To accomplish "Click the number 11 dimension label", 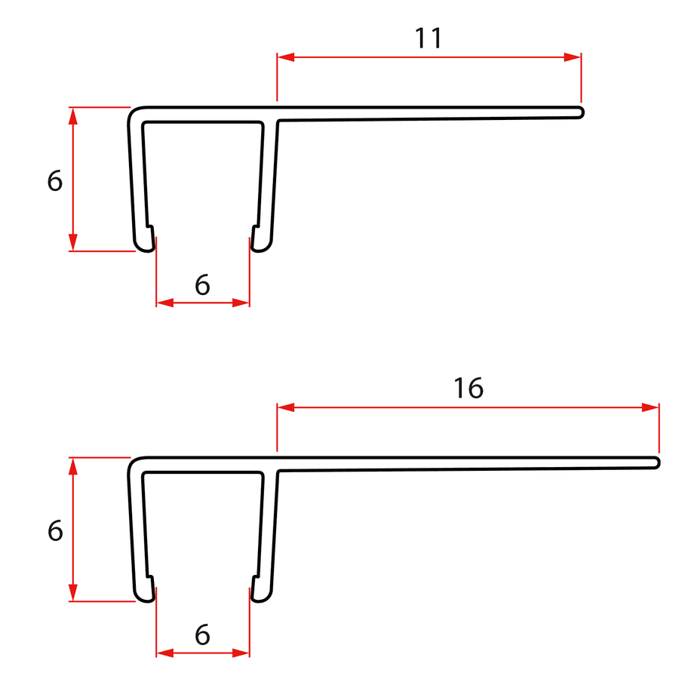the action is pyautogui.click(x=429, y=38).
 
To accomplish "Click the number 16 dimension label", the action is pyautogui.click(x=468, y=388).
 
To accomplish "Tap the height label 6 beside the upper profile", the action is pyautogui.click(x=55, y=180).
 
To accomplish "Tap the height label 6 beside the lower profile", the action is pyautogui.click(x=55, y=531).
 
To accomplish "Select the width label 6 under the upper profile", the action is pyautogui.click(x=202, y=285).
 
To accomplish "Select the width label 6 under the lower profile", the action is pyautogui.click(x=202, y=634).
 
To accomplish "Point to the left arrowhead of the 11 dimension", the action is pyautogui.click(x=286, y=57).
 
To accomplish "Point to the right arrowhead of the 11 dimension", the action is pyautogui.click(x=573, y=57).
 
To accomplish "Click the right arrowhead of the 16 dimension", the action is pyautogui.click(x=650, y=407).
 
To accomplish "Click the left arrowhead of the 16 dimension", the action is pyautogui.click(x=286, y=407).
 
